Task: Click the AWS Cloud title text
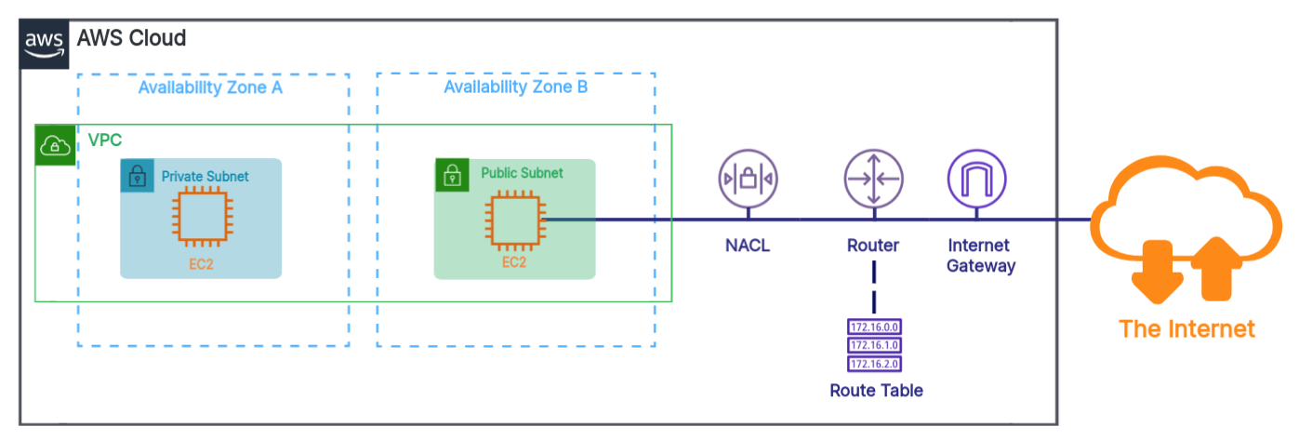click(131, 38)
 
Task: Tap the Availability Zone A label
click(210, 88)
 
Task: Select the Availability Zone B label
click(515, 87)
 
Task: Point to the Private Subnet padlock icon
click(137, 175)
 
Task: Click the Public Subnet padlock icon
click(451, 175)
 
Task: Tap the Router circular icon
click(873, 179)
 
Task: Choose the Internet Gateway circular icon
click(975, 179)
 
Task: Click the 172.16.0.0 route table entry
click(875, 327)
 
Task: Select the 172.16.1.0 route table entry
click(875, 345)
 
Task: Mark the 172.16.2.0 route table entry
click(875, 364)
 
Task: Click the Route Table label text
click(876, 391)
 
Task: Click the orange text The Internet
click(1186, 328)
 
